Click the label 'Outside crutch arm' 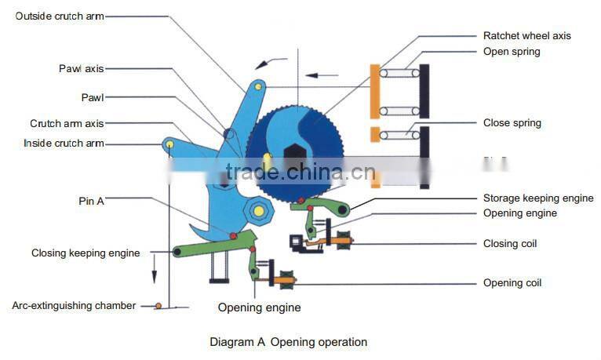coord(59,16)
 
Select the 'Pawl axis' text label coord(81,68)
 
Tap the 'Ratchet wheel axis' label coord(526,35)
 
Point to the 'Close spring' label coord(512,123)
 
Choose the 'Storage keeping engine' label coord(537,198)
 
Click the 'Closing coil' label coord(510,243)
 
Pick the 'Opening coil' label coord(512,282)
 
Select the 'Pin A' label coord(91,202)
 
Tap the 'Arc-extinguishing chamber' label coord(74,305)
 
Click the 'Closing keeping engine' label coord(86,253)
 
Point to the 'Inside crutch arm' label coord(64,144)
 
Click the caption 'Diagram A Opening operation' coord(288,342)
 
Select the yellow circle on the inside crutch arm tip coord(169,144)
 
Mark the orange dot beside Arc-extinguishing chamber coord(158,305)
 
